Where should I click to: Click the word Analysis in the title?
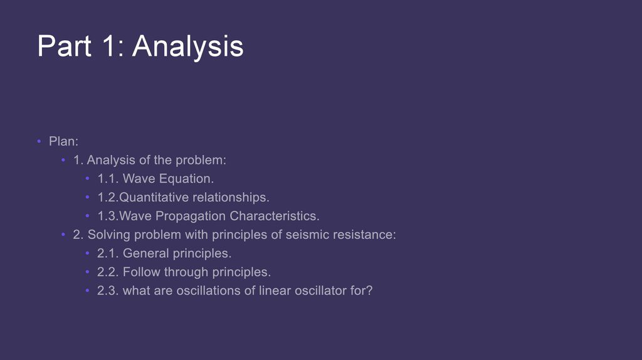[x=187, y=47]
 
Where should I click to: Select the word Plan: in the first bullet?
[x=63, y=141]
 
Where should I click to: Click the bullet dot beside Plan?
[x=39, y=141]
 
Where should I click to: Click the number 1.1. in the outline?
[x=108, y=179]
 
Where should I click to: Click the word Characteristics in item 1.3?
[x=275, y=216]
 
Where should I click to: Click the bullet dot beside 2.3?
[x=87, y=291]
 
